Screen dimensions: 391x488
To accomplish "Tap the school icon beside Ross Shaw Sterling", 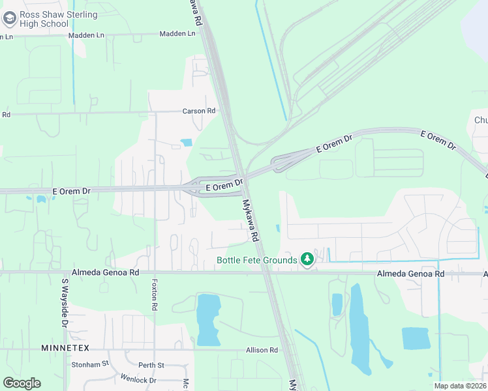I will (x=9, y=18).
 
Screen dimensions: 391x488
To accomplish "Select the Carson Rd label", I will (x=199, y=111).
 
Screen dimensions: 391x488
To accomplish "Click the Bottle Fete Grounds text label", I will (x=257, y=261).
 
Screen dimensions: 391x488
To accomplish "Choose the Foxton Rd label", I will (x=155, y=295).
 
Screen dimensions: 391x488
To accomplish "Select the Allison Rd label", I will (x=262, y=350).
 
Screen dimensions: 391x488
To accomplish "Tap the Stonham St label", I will (x=89, y=364).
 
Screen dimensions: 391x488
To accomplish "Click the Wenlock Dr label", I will (x=138, y=379).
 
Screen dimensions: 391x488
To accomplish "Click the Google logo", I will (x=22, y=383).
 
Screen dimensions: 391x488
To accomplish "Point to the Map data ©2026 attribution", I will (x=460, y=386).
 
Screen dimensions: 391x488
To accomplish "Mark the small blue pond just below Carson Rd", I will (x=187, y=142).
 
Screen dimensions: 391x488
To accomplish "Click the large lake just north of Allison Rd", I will (x=208, y=319).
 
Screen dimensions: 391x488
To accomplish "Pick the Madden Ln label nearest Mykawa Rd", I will (x=177, y=33).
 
